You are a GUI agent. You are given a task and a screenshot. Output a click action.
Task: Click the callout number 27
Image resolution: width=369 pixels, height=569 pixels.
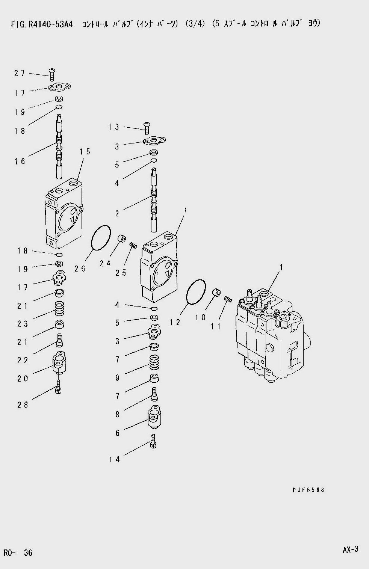click(x=19, y=73)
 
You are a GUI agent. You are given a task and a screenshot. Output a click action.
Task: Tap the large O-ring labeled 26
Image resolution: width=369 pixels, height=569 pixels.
click(x=101, y=238)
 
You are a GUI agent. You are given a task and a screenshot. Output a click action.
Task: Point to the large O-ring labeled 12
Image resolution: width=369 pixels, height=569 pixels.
click(x=196, y=291)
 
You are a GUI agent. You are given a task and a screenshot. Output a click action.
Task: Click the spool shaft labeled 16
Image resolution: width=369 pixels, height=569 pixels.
click(x=59, y=146)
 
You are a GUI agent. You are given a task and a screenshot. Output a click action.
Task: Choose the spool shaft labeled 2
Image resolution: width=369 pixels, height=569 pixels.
click(x=154, y=200)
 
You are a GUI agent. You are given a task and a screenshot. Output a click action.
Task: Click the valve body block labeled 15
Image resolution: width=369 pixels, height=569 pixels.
click(x=64, y=213)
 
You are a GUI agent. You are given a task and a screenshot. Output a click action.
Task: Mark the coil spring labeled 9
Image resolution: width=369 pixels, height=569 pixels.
click(x=154, y=362)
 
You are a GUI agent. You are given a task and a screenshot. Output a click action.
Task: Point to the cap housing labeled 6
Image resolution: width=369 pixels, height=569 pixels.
click(x=154, y=417)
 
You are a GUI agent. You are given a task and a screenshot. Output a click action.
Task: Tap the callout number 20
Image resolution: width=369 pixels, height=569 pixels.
click(x=23, y=379)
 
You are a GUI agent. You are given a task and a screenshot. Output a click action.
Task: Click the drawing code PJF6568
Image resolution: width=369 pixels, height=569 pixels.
click(x=308, y=490)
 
